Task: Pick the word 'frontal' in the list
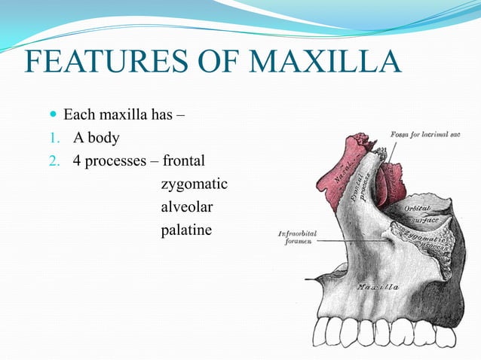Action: click(184, 161)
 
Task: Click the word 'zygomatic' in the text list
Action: click(194, 184)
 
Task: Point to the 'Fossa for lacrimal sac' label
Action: click(425, 134)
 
